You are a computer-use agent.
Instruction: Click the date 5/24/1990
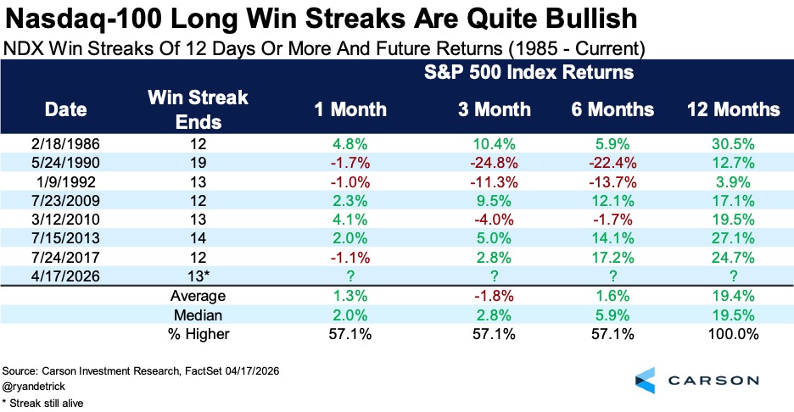coord(65,163)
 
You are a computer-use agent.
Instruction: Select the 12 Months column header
coord(733,109)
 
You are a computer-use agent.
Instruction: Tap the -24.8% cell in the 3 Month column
coord(495,163)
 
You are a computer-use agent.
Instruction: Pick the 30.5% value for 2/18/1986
coord(733,144)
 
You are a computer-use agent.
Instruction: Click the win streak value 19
coord(198,163)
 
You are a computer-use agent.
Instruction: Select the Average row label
coord(198,296)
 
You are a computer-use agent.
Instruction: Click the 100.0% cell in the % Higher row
coord(733,333)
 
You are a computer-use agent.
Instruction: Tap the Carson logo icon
coord(645,381)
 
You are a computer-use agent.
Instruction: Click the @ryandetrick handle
coord(34,387)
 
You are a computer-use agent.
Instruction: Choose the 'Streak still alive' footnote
coord(42,404)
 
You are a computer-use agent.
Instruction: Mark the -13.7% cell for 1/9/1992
coord(612,181)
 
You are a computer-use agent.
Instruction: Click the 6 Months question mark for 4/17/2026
coord(612,276)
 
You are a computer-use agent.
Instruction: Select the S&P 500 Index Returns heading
coord(528,72)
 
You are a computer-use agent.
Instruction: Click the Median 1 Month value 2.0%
coord(349,315)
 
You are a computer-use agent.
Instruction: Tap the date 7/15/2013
coord(65,238)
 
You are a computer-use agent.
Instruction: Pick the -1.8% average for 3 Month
coord(495,296)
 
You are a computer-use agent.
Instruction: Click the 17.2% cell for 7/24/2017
coord(612,257)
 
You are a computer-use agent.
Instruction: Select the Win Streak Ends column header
coord(198,109)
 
